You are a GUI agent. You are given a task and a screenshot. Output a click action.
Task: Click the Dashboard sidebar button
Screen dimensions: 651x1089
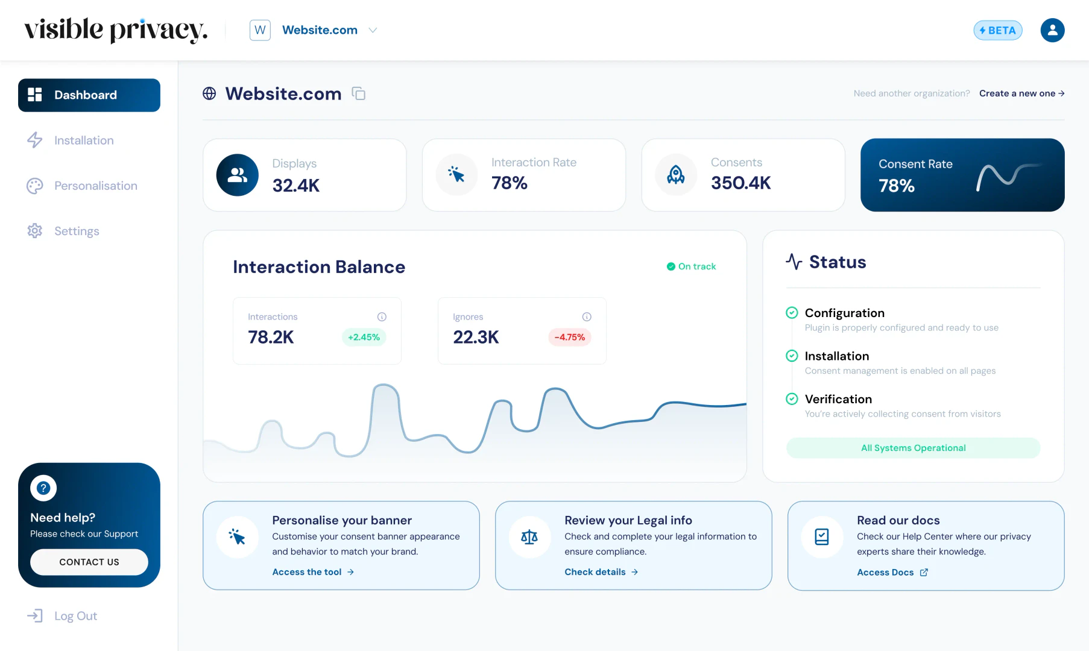(89, 95)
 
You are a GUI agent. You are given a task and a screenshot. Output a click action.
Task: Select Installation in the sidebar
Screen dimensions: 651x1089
(83, 140)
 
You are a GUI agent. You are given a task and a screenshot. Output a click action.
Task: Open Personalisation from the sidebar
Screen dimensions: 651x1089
(95, 186)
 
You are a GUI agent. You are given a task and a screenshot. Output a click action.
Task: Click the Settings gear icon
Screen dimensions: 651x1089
(35, 231)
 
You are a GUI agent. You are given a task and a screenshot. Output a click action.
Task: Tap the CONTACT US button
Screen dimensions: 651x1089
(89, 562)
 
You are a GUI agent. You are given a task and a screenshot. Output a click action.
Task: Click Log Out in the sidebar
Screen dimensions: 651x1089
(75, 616)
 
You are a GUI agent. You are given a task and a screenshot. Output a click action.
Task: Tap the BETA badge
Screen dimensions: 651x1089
(997, 30)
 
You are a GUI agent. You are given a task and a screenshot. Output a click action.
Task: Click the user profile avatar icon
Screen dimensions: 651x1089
(1052, 30)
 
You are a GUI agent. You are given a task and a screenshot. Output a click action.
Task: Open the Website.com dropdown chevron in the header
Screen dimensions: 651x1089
(373, 30)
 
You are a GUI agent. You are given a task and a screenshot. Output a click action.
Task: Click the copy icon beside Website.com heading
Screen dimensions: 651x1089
(359, 93)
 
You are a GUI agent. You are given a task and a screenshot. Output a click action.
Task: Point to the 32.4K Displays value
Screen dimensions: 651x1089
(296, 185)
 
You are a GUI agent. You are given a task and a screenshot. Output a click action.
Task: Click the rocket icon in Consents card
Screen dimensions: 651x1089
(676, 175)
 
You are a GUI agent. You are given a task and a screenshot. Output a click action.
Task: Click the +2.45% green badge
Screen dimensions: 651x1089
(364, 337)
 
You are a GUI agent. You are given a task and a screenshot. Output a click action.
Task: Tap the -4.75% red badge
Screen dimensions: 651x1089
(569, 337)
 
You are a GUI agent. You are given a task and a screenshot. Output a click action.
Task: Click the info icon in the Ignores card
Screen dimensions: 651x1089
(587, 316)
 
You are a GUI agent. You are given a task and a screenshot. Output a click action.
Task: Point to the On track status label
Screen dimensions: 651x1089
(692, 266)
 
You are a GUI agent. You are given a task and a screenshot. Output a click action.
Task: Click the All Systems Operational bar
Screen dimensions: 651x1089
(913, 448)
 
